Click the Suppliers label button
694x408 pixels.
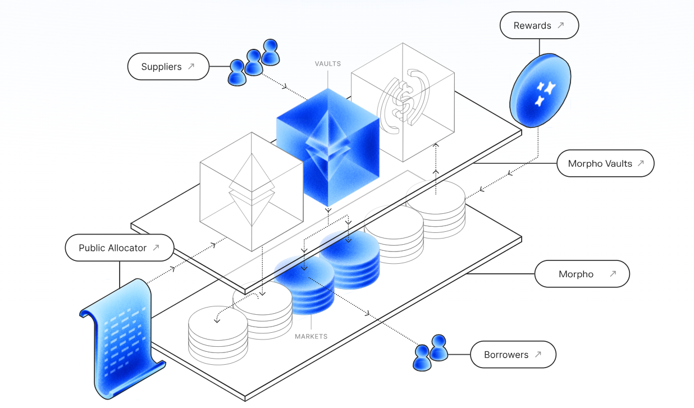(168, 67)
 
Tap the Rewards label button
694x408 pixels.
(539, 25)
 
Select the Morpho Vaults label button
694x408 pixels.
(605, 163)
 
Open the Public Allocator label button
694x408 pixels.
(120, 247)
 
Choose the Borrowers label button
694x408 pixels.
(513, 355)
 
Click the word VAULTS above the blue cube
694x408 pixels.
(328, 64)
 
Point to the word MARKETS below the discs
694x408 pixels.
(311, 337)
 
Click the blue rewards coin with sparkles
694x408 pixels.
(540, 90)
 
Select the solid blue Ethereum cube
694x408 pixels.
(328, 148)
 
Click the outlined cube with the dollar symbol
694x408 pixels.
(403, 102)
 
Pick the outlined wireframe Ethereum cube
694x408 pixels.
(252, 192)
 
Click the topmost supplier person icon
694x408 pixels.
(271, 52)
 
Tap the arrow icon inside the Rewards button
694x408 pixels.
(561, 25)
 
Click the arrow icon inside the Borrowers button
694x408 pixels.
(538, 354)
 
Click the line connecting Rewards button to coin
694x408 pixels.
(540, 47)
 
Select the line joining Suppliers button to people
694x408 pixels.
(220, 66)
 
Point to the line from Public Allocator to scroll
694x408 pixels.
(120, 274)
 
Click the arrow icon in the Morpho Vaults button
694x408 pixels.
(641, 163)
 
